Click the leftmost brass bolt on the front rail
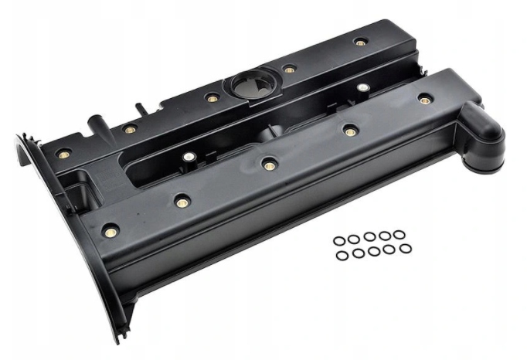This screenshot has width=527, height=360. click(110, 230)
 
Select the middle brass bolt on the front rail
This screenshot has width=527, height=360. click(269, 164)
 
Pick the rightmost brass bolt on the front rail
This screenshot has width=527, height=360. click(424, 99)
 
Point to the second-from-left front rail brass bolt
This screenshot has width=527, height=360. click(182, 202)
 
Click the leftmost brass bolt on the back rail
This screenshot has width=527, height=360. click(63, 155)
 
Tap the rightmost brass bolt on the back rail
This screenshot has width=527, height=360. click(360, 42)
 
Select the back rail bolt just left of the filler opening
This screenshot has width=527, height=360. click(212, 98)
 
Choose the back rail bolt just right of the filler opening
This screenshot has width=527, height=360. click(289, 70)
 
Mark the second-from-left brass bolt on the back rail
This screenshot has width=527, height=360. click(131, 129)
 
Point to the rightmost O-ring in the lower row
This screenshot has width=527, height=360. click(406, 249)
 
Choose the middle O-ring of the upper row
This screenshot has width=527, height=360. click(370, 237)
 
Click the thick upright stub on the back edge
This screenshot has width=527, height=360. click(96, 123)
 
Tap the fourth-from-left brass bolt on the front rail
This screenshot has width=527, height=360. click(350, 131)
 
